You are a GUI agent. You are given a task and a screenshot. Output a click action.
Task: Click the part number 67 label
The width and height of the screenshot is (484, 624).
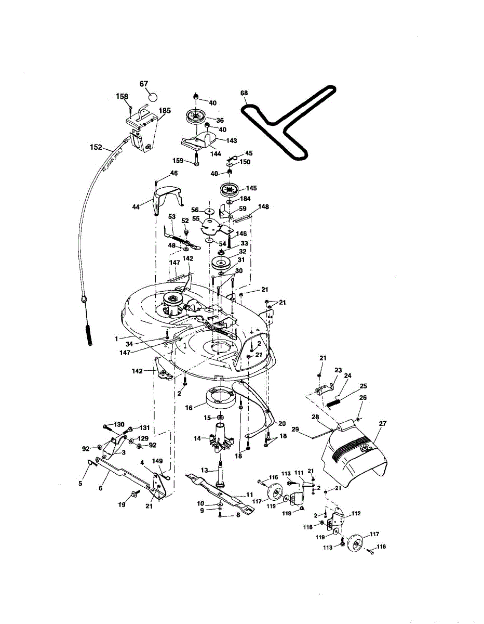coord(144,84)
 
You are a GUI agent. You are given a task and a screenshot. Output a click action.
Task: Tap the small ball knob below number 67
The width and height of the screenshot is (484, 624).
coord(153,96)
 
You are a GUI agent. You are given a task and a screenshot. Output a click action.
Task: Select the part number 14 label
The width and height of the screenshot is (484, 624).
coord(197,438)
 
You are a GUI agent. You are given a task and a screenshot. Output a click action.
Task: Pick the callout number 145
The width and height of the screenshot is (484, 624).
coord(251,188)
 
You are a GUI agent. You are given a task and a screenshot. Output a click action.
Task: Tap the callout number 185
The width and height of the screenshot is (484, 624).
coord(165,110)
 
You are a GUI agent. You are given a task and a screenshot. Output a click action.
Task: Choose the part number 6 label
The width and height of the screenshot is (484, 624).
coord(100,488)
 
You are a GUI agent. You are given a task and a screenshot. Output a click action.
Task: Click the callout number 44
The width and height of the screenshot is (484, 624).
coord(137,207)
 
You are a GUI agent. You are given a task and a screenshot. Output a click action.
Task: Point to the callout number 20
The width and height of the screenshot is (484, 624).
coord(282,423)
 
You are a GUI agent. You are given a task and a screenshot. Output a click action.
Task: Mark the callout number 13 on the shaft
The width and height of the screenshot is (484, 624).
coord(204,470)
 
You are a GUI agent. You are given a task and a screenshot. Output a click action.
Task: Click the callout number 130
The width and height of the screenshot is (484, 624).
coord(119,425)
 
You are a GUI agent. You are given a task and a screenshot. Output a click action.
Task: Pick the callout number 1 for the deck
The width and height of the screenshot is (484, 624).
coord(117,339)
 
